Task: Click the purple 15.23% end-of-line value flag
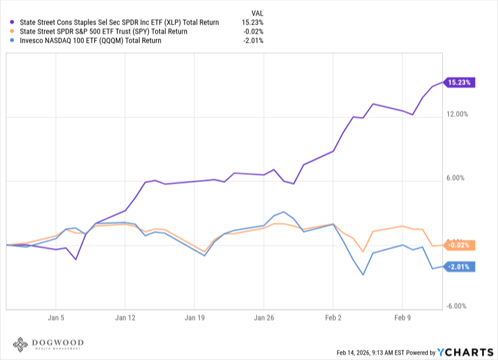pyautogui.click(x=459, y=83)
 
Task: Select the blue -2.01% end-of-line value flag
pyautogui.click(x=459, y=267)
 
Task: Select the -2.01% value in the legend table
pyautogui.click(x=253, y=41)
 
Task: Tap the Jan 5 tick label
pyautogui.click(x=56, y=320)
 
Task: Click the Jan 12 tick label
pyautogui.click(x=125, y=320)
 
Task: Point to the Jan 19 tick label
pyautogui.click(x=195, y=320)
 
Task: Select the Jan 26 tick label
pyautogui.click(x=264, y=320)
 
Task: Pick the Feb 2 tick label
pyautogui.click(x=333, y=320)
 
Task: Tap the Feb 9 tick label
pyautogui.click(x=403, y=320)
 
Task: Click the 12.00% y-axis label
pyautogui.click(x=457, y=114)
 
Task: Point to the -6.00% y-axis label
pyautogui.click(x=458, y=306)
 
